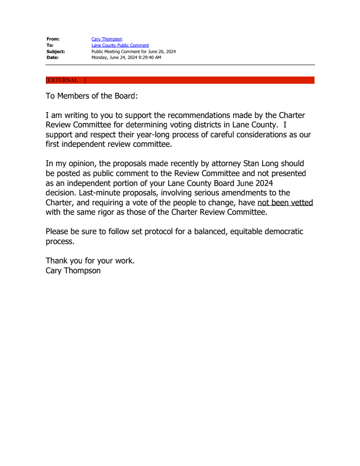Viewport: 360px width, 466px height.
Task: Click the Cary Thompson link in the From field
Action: click(x=107, y=39)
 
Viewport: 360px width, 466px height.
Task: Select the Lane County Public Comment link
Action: click(x=120, y=45)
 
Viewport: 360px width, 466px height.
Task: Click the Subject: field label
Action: click(x=56, y=52)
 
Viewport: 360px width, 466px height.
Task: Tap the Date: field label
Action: click(x=53, y=58)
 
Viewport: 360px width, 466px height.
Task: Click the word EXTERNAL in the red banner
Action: click(x=63, y=80)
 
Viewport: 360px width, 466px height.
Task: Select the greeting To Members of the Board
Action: click(x=90, y=96)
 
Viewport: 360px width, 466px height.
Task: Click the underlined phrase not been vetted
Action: click(x=285, y=203)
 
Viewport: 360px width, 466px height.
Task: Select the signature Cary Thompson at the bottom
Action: click(x=73, y=271)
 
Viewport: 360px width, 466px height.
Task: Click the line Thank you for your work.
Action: click(x=90, y=261)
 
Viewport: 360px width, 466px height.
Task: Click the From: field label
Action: click(x=53, y=39)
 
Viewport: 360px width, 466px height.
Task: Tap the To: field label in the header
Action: click(x=50, y=45)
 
